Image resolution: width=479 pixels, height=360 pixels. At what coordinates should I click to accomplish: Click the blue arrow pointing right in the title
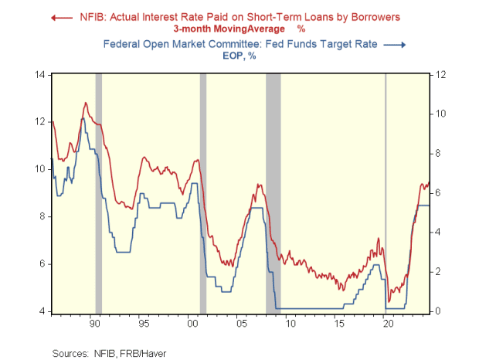click(x=396, y=45)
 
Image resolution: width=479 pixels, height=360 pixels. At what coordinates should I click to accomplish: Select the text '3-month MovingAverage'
click(x=226, y=29)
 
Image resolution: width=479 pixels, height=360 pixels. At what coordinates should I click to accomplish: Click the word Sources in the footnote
click(x=70, y=353)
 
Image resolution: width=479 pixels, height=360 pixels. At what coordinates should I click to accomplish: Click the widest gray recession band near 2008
click(x=273, y=193)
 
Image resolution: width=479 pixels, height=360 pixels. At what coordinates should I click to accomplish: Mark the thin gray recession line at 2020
click(x=386, y=193)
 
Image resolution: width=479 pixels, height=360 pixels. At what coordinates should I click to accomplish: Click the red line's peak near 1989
click(x=86, y=103)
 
